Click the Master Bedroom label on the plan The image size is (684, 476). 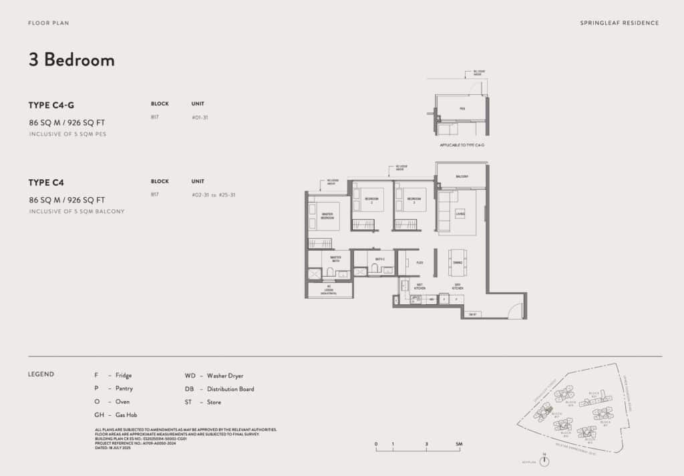tap(327, 216)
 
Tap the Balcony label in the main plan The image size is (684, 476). tap(462, 176)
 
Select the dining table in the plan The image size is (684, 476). tap(458, 262)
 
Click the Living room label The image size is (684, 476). tap(460, 213)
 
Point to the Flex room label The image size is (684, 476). tap(419, 263)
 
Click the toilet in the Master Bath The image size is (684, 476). tap(329, 271)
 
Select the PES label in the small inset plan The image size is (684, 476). tap(462, 108)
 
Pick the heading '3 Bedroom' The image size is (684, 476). tap(71, 59)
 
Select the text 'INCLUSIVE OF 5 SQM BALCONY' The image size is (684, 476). tap(77, 211)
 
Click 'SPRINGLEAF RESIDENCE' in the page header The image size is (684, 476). tap(620, 23)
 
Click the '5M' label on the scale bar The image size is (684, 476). tap(459, 444)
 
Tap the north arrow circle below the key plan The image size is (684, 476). tap(544, 462)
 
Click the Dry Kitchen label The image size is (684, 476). tap(459, 285)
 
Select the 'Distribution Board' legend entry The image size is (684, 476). tap(230, 389)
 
